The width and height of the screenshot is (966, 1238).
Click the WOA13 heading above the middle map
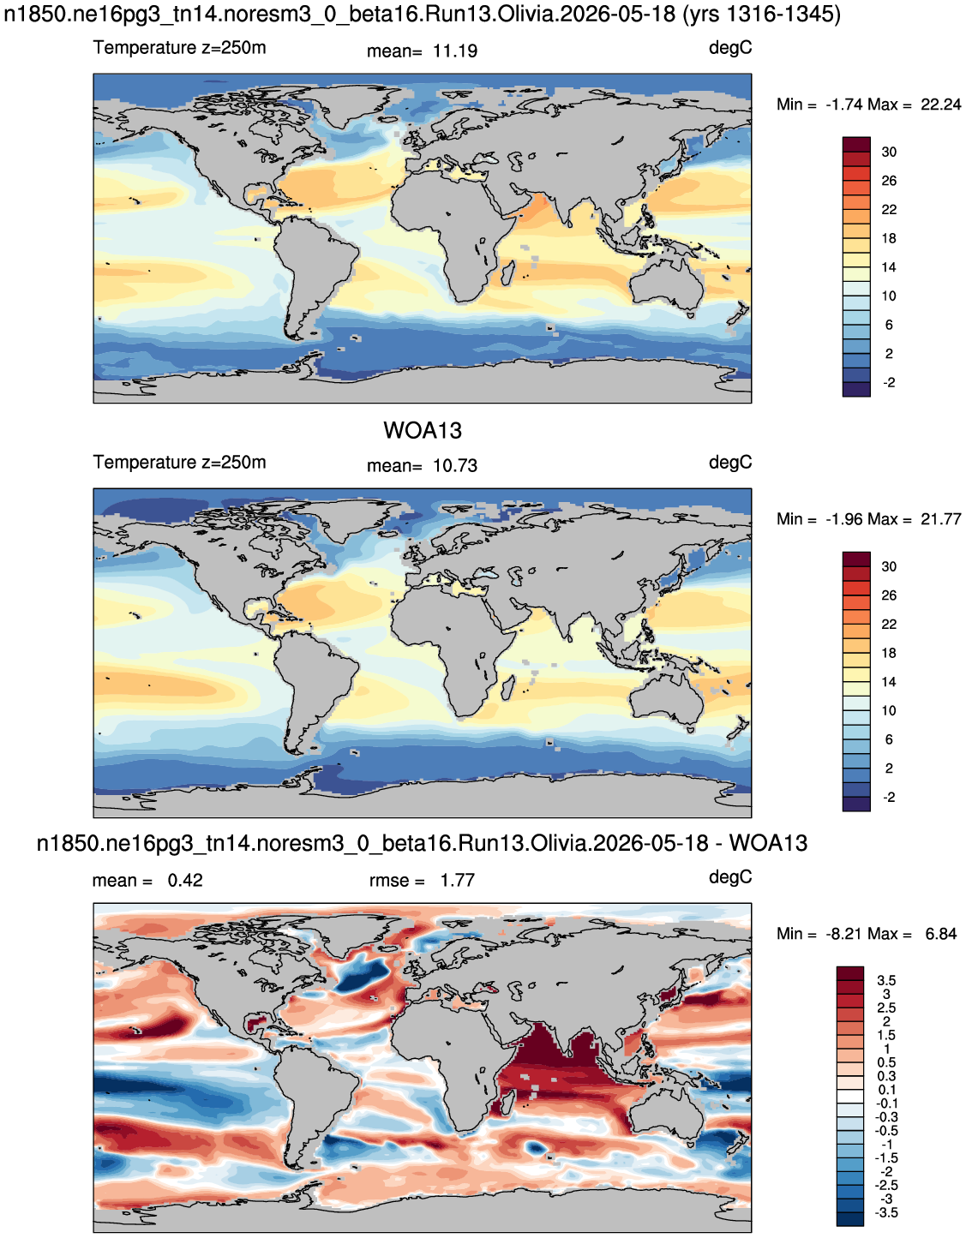pos(423,431)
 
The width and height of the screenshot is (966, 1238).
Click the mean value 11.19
pos(455,51)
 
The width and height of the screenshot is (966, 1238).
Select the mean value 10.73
pos(455,466)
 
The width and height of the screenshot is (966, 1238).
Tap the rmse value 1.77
pos(457,880)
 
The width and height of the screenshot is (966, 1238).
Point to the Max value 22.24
pos(941,105)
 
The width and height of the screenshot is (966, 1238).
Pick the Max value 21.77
pos(941,519)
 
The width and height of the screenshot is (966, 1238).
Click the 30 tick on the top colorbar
pos(889,153)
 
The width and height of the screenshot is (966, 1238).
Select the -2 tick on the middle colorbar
pos(889,797)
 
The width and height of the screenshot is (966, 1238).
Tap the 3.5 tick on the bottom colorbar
pos(886,980)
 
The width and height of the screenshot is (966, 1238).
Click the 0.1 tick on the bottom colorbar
pos(886,1090)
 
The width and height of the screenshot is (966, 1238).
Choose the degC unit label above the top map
pos(730,49)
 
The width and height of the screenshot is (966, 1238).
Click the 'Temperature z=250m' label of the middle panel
pos(179,462)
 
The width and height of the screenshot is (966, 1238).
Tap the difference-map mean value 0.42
pos(184,880)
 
